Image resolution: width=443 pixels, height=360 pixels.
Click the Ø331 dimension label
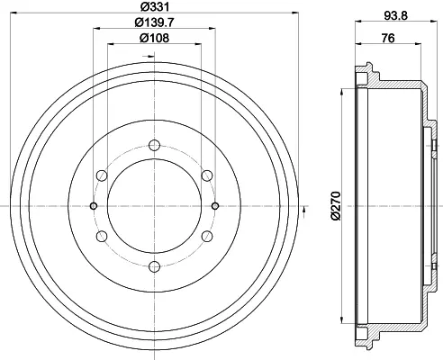click(155, 6)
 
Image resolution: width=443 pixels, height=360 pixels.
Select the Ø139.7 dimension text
click(155, 22)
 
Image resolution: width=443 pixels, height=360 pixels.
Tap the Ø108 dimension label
click(155, 38)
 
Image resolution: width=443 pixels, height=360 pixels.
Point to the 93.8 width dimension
click(396, 15)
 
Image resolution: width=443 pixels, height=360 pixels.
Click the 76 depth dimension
click(388, 38)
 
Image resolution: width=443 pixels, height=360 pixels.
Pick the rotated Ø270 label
click(337, 206)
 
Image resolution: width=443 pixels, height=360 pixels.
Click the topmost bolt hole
click(154, 146)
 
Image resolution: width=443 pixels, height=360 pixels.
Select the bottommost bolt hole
click(154, 266)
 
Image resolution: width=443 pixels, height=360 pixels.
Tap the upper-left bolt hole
click(102, 175)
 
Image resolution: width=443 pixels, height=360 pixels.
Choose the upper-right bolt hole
click(207, 175)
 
